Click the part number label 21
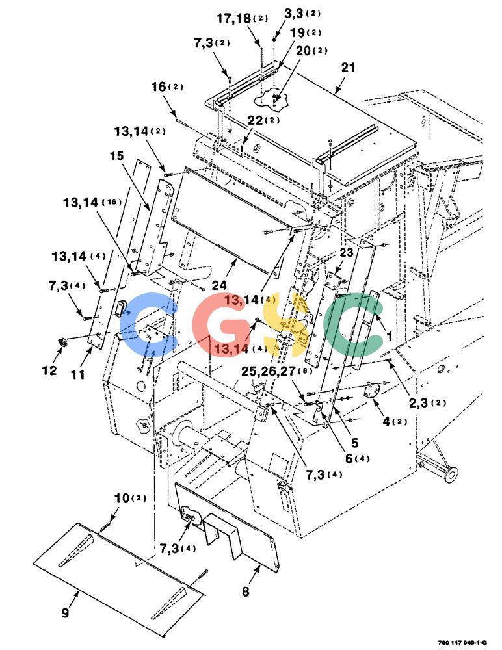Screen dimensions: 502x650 (x=348, y=67)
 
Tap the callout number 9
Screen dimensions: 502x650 (x=65, y=612)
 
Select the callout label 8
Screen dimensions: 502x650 (x=246, y=591)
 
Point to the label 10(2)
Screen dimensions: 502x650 (x=130, y=498)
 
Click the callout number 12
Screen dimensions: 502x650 (x=49, y=370)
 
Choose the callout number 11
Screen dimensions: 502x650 (x=77, y=374)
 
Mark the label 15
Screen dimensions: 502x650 (x=117, y=155)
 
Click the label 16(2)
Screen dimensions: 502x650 (x=167, y=86)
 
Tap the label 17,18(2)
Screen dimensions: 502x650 (x=243, y=18)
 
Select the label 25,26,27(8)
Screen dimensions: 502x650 (x=277, y=370)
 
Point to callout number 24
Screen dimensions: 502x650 (x=220, y=285)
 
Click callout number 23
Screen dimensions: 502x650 (x=347, y=252)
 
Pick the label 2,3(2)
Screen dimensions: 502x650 (x=428, y=402)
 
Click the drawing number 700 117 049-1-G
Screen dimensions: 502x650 (x=462, y=643)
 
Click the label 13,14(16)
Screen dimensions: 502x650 (x=92, y=202)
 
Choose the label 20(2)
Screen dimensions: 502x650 (x=311, y=51)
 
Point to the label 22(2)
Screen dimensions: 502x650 (x=263, y=120)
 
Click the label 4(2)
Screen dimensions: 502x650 (x=395, y=422)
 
